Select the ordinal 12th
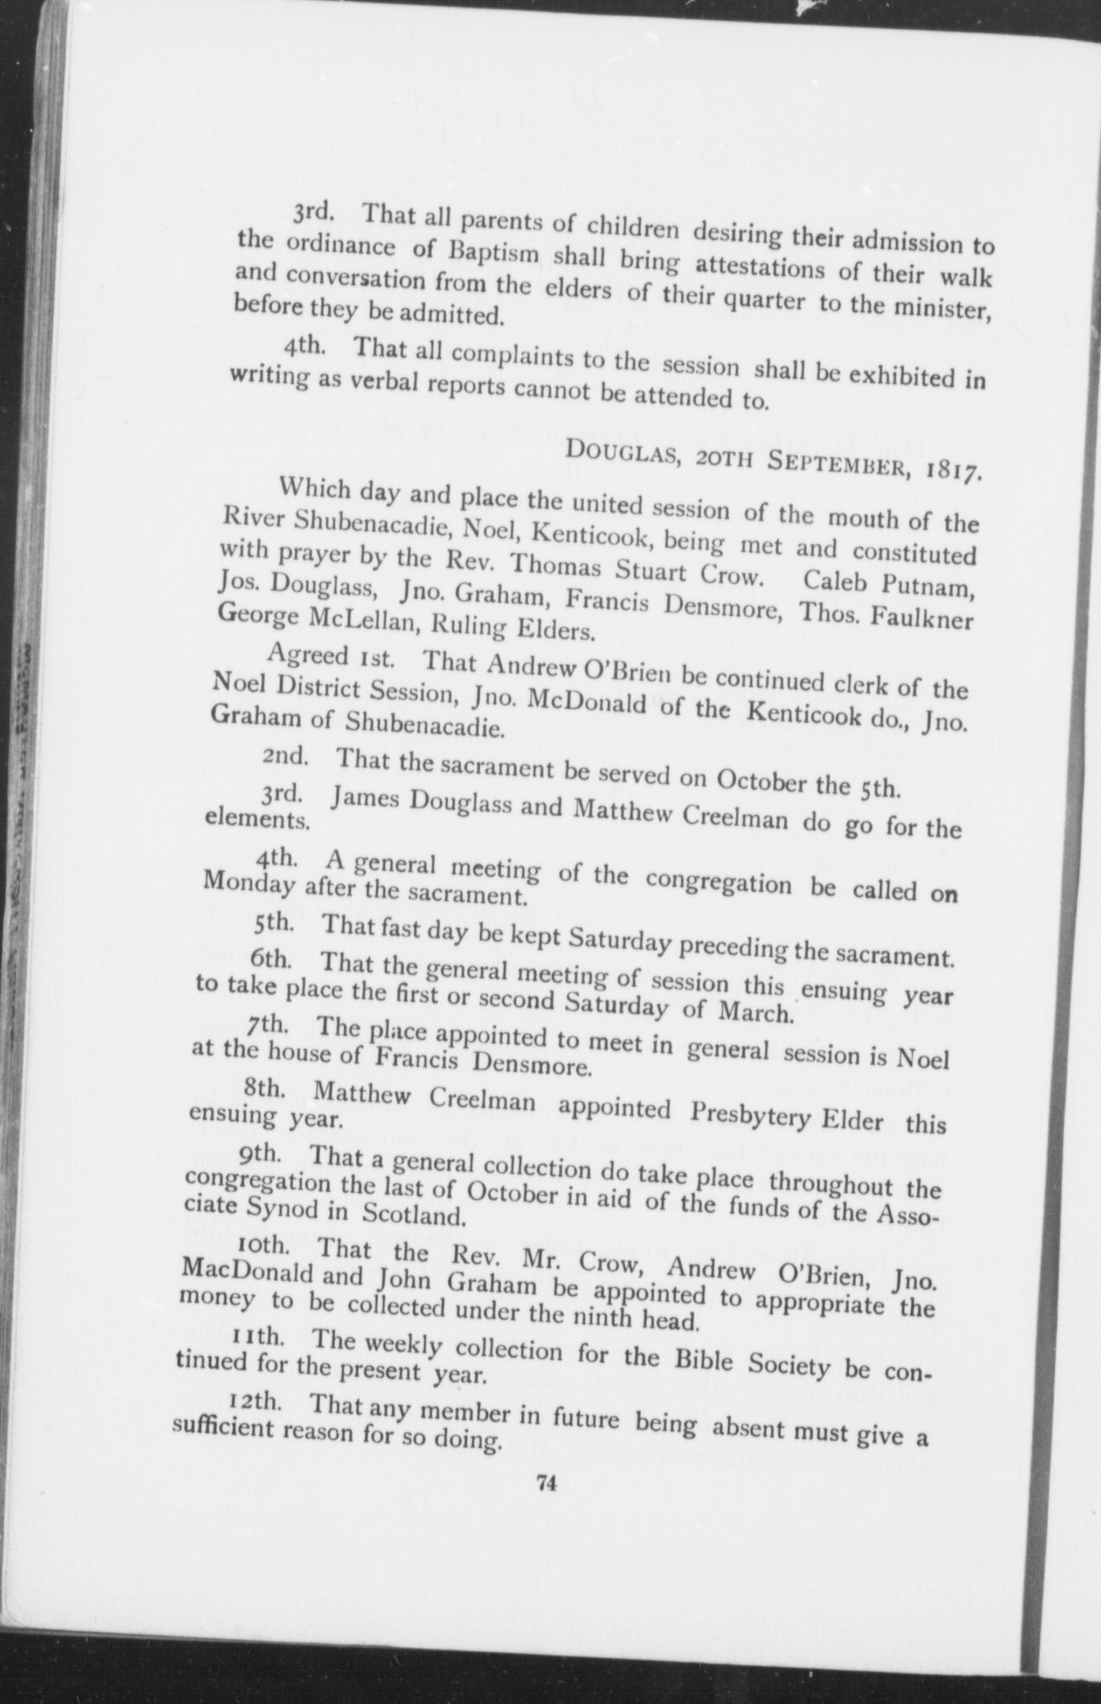(256, 1401)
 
